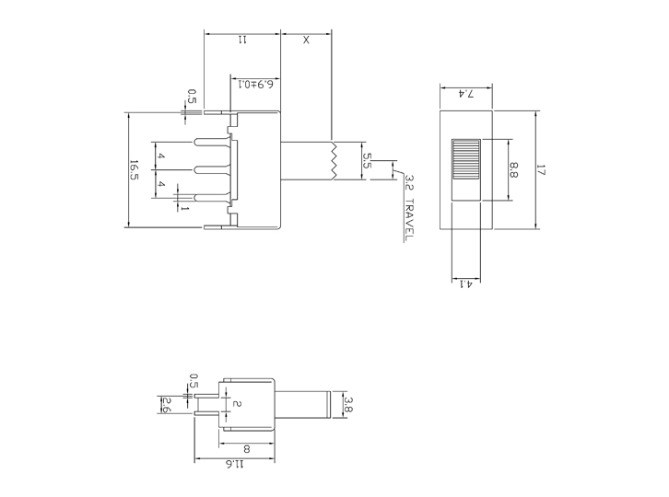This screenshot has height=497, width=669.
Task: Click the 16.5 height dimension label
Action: [x=135, y=170]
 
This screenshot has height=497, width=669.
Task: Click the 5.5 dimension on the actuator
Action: [x=367, y=160]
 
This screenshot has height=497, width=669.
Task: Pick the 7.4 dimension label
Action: [x=466, y=94]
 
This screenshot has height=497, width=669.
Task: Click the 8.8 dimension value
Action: [x=514, y=169]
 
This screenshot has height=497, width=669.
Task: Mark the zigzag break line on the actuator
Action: [x=331, y=160]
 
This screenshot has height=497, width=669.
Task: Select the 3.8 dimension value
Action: [x=348, y=403]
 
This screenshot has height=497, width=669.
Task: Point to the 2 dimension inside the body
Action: [x=237, y=404]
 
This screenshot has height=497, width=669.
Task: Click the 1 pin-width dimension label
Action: [x=184, y=209]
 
